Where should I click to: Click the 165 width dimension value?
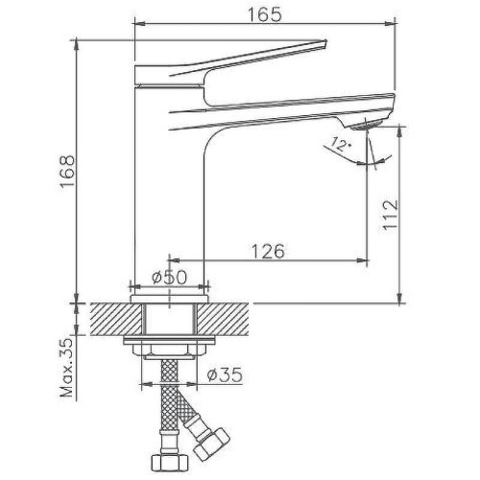(x=265, y=14)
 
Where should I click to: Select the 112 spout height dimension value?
(x=391, y=215)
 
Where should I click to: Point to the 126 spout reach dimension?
(x=268, y=252)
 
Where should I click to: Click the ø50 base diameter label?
(x=169, y=277)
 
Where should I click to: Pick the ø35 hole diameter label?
(x=225, y=374)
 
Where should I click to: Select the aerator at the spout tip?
(x=366, y=127)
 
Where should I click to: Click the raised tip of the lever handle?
(x=324, y=41)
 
